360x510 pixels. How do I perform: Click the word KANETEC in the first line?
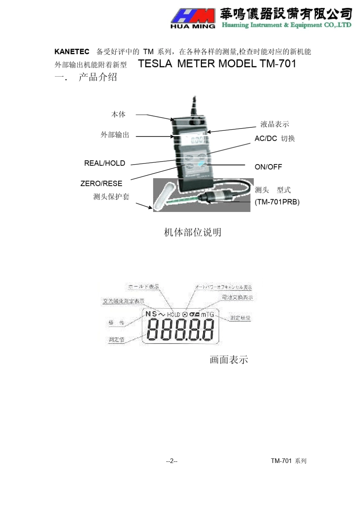coord(72,52)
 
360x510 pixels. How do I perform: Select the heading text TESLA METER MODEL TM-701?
coord(217,63)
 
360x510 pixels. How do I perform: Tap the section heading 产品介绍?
coord(98,77)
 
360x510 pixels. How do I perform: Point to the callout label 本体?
coord(118,114)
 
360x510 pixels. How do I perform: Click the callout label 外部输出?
coord(115,135)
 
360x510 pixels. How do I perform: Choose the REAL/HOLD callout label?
coord(105,163)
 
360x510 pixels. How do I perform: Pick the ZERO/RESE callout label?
coord(101,184)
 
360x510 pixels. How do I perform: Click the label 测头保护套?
coord(111,196)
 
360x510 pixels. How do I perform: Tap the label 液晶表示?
coord(274,124)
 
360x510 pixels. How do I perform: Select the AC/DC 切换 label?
coord(275,138)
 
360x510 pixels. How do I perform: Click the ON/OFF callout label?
coord(268,167)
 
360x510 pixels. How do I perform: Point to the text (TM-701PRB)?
coord(277,202)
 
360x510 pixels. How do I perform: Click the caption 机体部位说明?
coord(193,232)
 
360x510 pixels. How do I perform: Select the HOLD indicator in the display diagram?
coord(173,314)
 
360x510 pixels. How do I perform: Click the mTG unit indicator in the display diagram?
coord(207,314)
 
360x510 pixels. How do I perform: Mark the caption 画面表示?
coord(229,359)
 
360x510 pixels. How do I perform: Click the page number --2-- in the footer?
coord(172,461)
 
